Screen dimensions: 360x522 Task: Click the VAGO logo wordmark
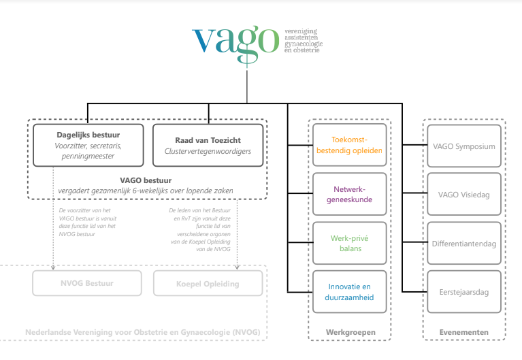coord(235,40)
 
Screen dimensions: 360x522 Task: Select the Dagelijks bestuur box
coord(88,144)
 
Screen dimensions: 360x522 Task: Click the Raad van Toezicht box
coord(208,144)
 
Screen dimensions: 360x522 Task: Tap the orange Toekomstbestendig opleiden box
coord(350,144)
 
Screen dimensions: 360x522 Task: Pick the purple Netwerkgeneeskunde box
coord(350,194)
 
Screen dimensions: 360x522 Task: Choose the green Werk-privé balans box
coord(350,243)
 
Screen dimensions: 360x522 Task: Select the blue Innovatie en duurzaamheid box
coord(350,292)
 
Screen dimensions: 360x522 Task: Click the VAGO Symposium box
coord(463,145)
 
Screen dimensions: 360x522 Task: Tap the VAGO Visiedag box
coord(463,195)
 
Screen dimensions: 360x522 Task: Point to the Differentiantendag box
coord(463,243)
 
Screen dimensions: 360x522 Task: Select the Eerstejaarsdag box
coord(463,292)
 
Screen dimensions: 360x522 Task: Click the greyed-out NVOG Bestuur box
coord(87,283)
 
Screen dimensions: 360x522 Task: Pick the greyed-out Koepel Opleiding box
coord(206,283)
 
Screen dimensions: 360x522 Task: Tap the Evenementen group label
coord(463,331)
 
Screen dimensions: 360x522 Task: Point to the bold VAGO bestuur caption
coord(146,180)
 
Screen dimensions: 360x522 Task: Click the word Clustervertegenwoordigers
coord(208,151)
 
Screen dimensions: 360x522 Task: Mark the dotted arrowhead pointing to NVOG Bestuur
coord(54,267)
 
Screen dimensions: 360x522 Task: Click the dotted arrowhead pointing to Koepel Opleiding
coord(237,267)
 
